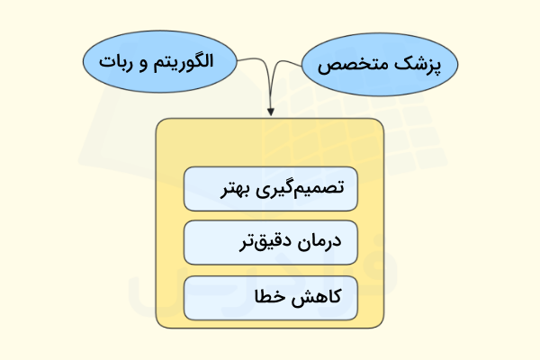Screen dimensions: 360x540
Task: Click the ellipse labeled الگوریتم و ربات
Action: [x=158, y=63]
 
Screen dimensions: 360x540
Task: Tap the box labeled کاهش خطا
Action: [x=271, y=298]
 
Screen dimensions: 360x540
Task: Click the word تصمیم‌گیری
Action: [x=302, y=191]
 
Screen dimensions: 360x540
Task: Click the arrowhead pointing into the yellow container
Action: [x=271, y=112]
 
